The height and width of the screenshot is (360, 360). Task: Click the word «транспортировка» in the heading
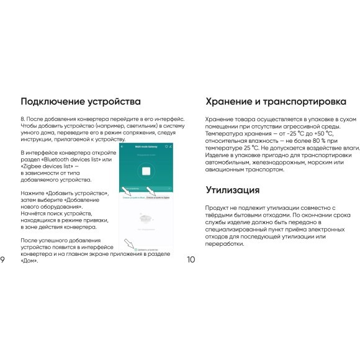tap(304, 102)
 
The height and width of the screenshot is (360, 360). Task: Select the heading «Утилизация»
tap(233, 190)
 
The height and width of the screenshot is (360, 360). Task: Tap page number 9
tap(4, 260)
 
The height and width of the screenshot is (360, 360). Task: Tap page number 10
tap(191, 260)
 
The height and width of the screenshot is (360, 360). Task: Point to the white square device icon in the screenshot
tap(148, 172)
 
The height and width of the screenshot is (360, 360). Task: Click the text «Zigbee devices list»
tap(43, 166)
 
